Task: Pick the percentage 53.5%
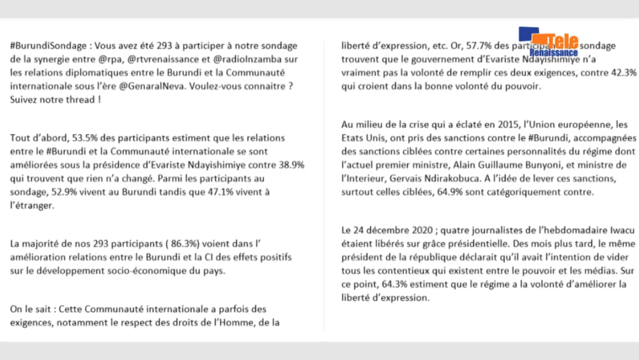point(77,138)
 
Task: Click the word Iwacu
point(608,231)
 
